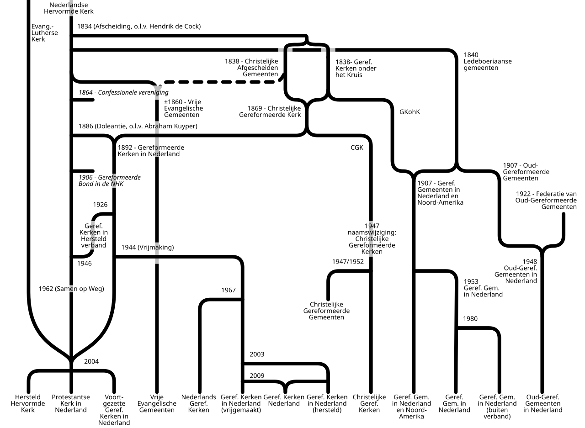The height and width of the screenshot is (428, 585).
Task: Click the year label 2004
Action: tap(91, 361)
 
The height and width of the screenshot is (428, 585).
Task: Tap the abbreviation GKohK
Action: tap(410, 112)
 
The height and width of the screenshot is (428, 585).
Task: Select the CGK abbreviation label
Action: tap(357, 148)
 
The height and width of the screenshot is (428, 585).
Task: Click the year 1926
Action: tap(100, 205)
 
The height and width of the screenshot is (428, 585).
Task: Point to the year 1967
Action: tap(229, 290)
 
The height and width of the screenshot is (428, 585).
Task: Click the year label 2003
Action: tap(257, 354)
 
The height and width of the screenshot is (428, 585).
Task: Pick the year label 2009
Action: tap(257, 376)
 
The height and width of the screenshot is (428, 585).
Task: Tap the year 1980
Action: tap(470, 319)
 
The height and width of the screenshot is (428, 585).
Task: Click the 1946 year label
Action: tap(85, 264)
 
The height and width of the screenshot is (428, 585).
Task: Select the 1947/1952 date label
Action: tap(348, 262)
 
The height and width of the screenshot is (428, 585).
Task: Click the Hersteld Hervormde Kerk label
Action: tap(28, 403)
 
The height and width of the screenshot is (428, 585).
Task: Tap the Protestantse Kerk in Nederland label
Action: tap(71, 403)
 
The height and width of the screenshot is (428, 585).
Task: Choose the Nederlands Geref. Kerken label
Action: tap(199, 403)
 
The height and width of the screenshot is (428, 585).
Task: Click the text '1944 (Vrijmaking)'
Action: tap(148, 248)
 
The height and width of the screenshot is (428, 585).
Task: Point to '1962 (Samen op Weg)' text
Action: tap(71, 289)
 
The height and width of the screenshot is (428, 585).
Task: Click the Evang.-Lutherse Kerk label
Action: tap(45, 33)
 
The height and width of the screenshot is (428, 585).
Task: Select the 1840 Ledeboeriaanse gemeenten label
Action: tap(488, 61)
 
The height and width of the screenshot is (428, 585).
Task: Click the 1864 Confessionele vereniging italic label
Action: tap(123, 92)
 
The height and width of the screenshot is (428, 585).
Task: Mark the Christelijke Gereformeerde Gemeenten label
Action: tap(326, 311)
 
